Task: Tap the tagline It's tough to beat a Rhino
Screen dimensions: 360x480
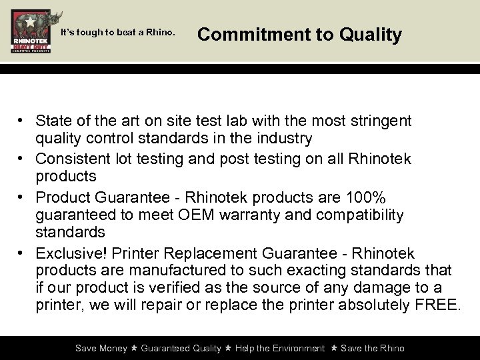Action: point(117,31)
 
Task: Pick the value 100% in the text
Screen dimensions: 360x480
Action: point(365,198)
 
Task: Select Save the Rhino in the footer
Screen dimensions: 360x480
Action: point(373,348)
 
